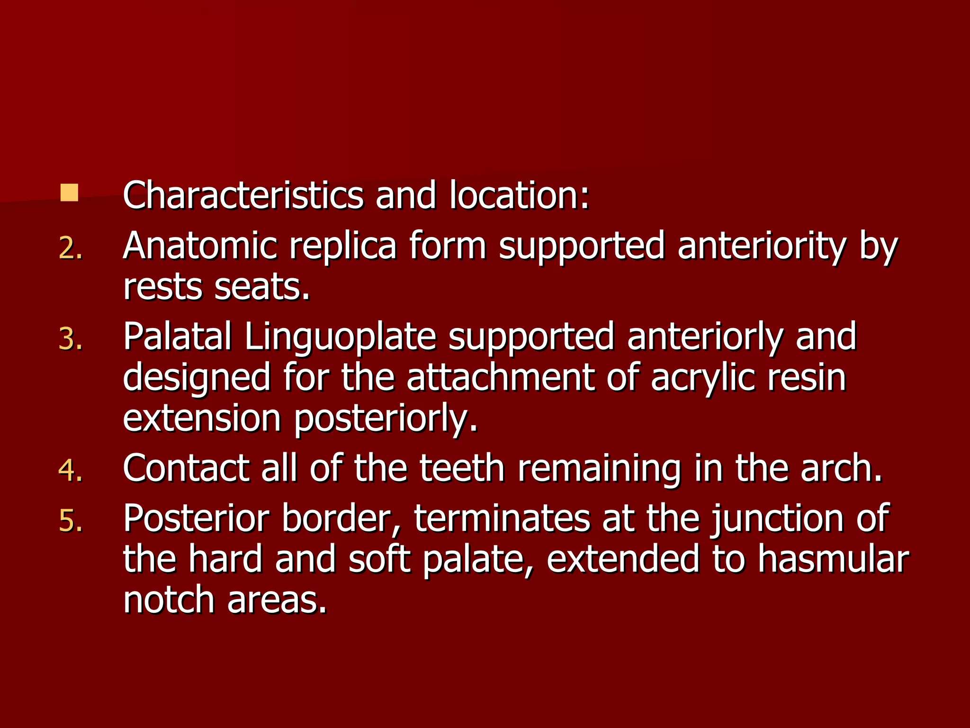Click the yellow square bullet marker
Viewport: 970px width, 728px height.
(x=69, y=193)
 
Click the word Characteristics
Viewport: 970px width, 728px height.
(x=243, y=195)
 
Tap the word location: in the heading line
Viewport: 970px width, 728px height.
(x=520, y=195)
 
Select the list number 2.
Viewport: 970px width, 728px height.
(x=70, y=248)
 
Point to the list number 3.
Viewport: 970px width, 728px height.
(x=70, y=339)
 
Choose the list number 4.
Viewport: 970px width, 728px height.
(x=70, y=470)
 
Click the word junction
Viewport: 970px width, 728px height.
(x=777, y=519)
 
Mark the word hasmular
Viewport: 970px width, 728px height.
(x=833, y=559)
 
